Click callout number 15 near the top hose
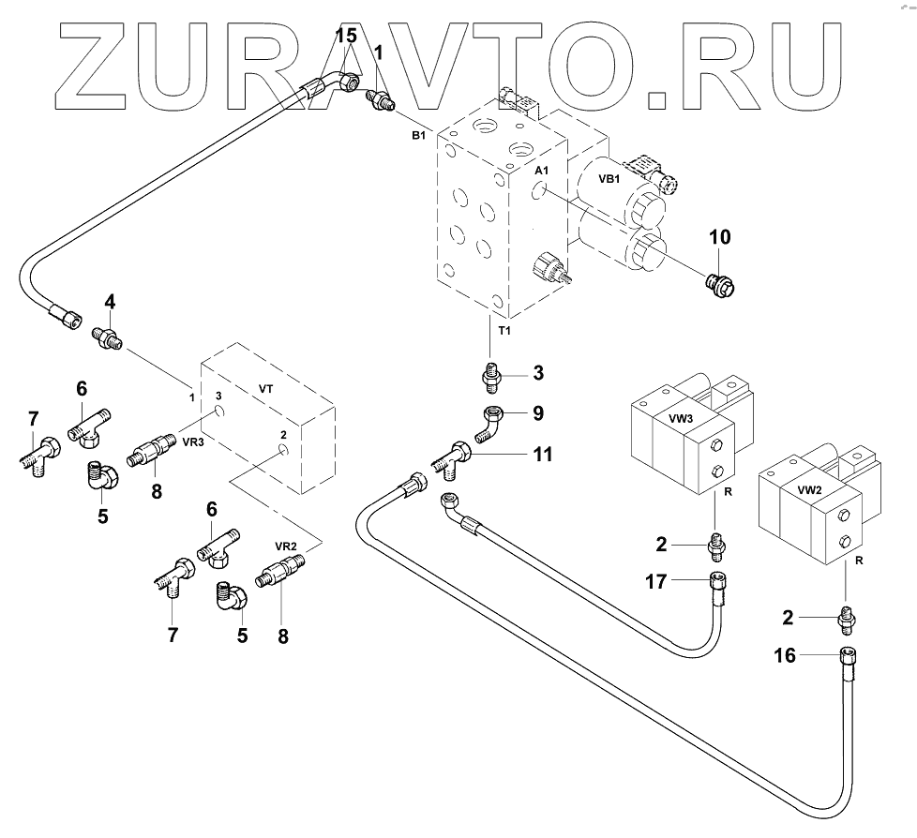346,37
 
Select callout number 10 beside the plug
719,237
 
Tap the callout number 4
110,302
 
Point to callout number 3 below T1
538,373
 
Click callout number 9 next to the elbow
537,412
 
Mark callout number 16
786,656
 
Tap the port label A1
543,172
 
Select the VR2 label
286,545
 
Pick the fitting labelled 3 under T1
491,377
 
